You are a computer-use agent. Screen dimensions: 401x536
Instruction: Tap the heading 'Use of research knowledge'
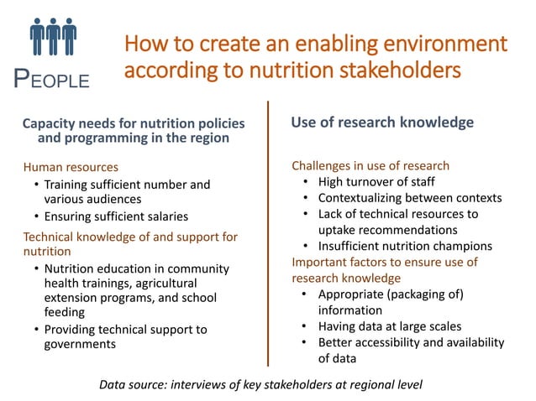(x=382, y=122)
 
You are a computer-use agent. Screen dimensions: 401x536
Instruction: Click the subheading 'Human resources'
(x=71, y=167)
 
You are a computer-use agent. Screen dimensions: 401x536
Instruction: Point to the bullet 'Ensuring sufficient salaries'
(x=116, y=216)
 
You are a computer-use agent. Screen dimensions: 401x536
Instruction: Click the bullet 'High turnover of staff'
(x=376, y=181)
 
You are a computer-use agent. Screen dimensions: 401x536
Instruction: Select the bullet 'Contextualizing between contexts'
(x=409, y=198)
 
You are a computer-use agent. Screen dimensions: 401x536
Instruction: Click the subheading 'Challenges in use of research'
(x=370, y=165)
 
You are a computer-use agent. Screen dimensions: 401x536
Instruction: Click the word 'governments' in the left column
(x=81, y=344)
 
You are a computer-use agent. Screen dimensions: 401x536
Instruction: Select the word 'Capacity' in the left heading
(x=50, y=123)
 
